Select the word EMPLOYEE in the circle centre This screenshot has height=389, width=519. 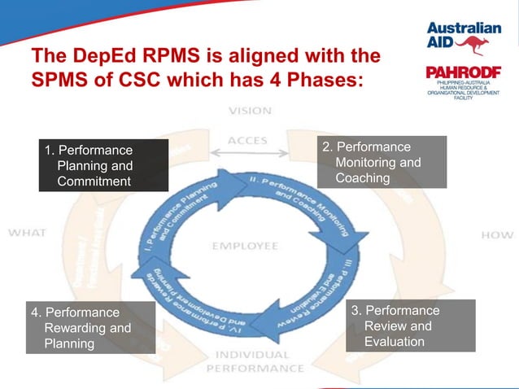coord(246,245)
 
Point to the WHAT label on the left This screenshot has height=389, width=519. coord(27,232)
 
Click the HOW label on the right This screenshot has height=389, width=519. coord(497,234)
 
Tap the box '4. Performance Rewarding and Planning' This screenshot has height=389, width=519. coord(91,327)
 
